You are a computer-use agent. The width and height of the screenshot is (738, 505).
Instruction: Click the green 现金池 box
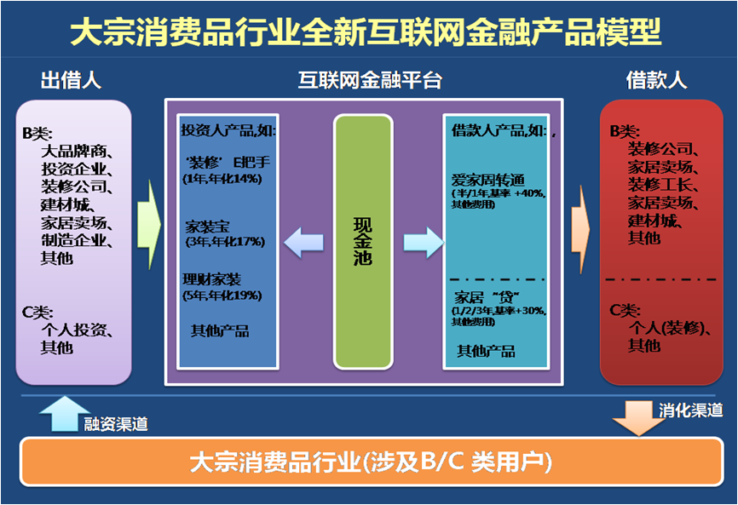(x=363, y=242)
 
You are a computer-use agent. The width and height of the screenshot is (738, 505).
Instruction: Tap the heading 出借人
(x=71, y=80)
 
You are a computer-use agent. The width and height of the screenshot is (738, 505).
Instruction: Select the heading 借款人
(x=656, y=80)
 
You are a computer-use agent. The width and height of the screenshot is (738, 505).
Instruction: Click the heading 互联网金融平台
(x=370, y=80)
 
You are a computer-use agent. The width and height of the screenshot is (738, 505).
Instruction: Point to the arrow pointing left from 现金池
(x=303, y=242)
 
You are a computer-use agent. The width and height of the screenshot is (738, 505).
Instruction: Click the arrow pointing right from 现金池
(x=424, y=242)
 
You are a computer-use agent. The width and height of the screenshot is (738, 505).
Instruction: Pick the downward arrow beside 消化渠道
(x=638, y=418)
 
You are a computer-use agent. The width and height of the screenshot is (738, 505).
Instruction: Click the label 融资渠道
(x=116, y=424)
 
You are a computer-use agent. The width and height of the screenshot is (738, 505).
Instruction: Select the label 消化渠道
(x=690, y=410)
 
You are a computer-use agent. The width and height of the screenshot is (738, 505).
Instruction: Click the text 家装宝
(x=207, y=227)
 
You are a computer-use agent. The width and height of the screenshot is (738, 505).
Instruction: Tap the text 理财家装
(x=212, y=280)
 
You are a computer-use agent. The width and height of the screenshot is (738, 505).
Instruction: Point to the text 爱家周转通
(x=488, y=180)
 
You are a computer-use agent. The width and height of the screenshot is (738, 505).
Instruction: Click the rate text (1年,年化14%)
(x=222, y=179)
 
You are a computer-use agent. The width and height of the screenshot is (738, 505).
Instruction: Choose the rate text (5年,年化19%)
(x=222, y=296)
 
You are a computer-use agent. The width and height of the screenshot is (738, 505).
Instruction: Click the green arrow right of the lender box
(x=149, y=225)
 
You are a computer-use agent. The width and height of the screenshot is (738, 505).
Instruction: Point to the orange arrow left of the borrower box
(x=581, y=229)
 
